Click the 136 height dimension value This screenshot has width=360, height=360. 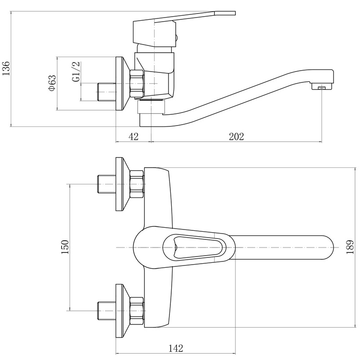click(x=6, y=68)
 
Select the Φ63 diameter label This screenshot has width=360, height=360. click(x=52, y=83)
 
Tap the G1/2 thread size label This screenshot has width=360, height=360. click(x=76, y=72)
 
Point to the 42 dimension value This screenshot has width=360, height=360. click(x=133, y=136)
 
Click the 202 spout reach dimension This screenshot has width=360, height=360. click(x=236, y=136)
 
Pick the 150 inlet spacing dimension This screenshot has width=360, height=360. click(x=65, y=247)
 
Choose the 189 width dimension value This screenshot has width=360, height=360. click(x=350, y=247)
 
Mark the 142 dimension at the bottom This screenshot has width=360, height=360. click(x=176, y=348)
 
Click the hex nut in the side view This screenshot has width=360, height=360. click(x=137, y=83)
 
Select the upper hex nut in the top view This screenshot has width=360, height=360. click(x=137, y=184)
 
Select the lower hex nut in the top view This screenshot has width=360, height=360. click(x=137, y=311)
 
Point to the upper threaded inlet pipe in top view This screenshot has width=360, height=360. click(x=107, y=184)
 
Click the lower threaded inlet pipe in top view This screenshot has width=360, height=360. click(x=107, y=311)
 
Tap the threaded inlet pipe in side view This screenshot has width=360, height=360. click(x=107, y=92)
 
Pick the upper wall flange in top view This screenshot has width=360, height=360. click(x=123, y=184)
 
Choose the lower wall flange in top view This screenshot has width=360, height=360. click(x=123, y=311)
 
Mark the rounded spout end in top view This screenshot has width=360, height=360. click(x=327, y=247)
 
